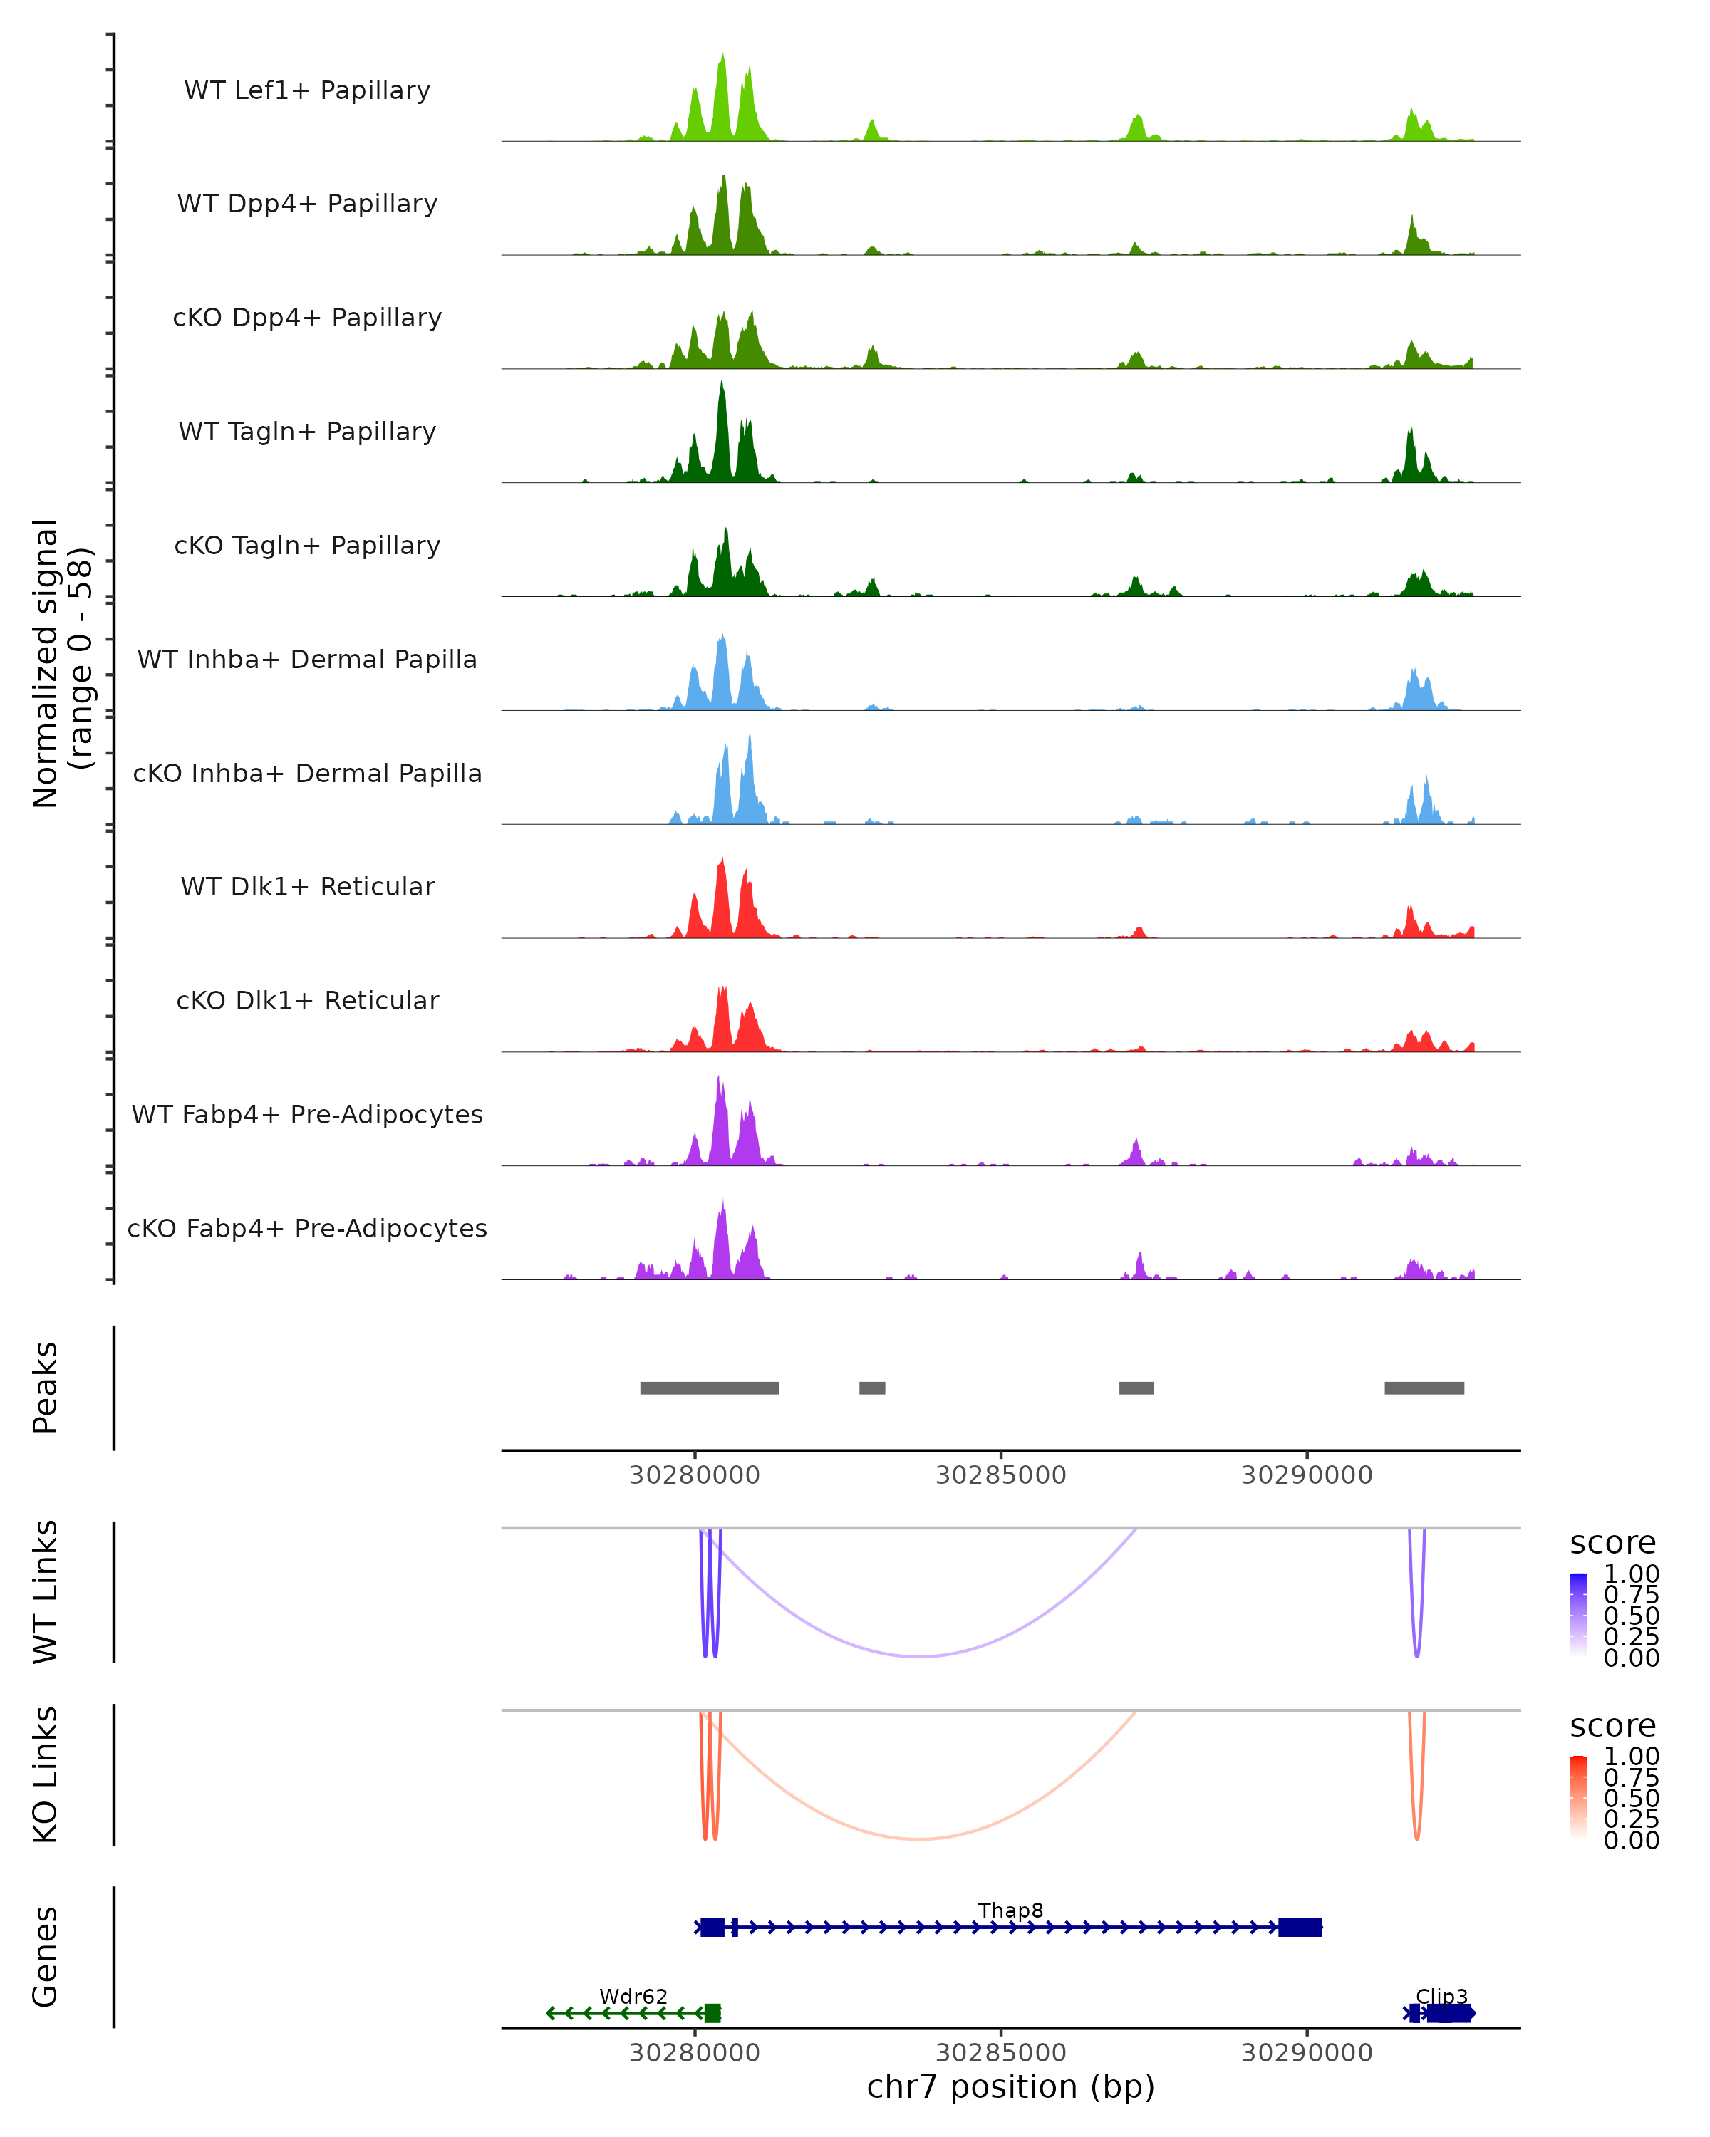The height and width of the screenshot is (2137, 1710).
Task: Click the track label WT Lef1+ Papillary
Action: (x=307, y=90)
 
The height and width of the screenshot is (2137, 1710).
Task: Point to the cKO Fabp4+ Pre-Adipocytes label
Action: (x=307, y=1228)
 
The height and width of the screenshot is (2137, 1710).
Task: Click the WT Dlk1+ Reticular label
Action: (x=307, y=886)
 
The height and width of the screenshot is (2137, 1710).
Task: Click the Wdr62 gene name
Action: (x=633, y=1996)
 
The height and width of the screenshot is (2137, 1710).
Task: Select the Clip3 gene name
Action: (x=1441, y=1996)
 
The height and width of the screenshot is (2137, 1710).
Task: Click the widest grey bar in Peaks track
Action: (x=709, y=1388)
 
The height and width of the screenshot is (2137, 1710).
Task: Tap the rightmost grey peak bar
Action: (x=1424, y=1388)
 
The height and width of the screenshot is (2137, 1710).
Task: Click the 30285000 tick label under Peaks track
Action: (x=1000, y=1475)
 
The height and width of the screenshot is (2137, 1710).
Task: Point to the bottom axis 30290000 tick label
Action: (x=1307, y=2052)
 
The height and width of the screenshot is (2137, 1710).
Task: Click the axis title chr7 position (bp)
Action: (x=1010, y=2087)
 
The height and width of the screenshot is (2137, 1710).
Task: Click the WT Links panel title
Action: (x=46, y=1592)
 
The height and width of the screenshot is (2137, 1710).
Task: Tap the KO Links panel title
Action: (x=46, y=1774)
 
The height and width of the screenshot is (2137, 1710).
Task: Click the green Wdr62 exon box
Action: (x=712, y=2013)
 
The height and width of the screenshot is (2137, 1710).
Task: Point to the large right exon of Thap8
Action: (x=1300, y=1927)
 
